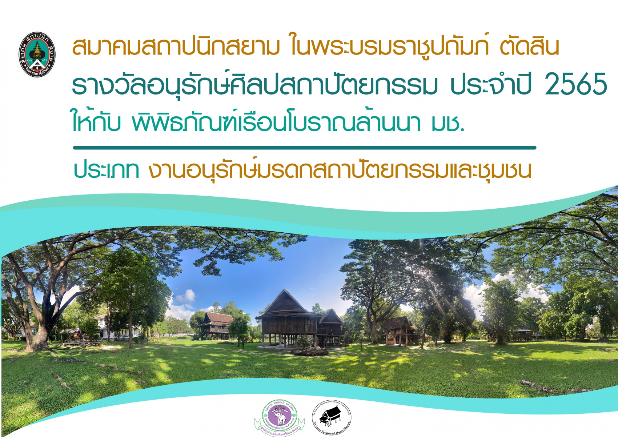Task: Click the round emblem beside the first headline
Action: (37, 55)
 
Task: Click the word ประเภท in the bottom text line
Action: (106, 170)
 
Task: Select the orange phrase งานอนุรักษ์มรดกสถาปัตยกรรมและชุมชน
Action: (340, 170)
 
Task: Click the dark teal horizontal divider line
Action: (305, 148)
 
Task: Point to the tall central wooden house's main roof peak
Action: (284, 293)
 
